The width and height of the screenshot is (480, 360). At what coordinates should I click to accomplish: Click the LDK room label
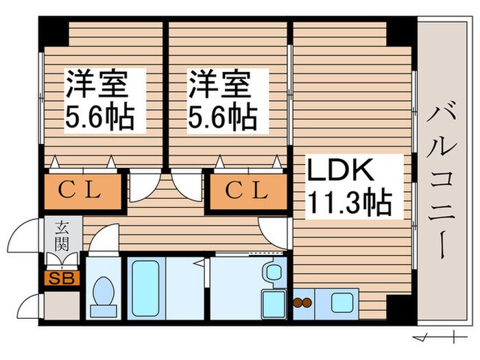coord(340,169)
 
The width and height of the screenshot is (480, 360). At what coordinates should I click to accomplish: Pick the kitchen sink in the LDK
coord(340,301)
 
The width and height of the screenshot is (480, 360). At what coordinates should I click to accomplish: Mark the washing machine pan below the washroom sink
coord(273,302)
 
